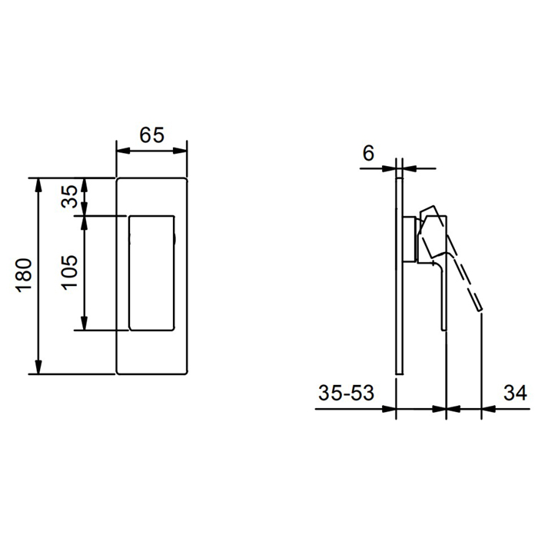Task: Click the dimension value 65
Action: (x=152, y=134)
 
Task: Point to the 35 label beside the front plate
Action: (x=69, y=197)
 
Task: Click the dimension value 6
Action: (x=368, y=153)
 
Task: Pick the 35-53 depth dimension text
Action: (x=346, y=393)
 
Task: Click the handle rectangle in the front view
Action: (x=151, y=273)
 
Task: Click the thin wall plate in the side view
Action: (x=398, y=307)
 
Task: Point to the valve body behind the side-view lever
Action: (x=410, y=241)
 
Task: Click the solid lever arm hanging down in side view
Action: (x=440, y=296)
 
